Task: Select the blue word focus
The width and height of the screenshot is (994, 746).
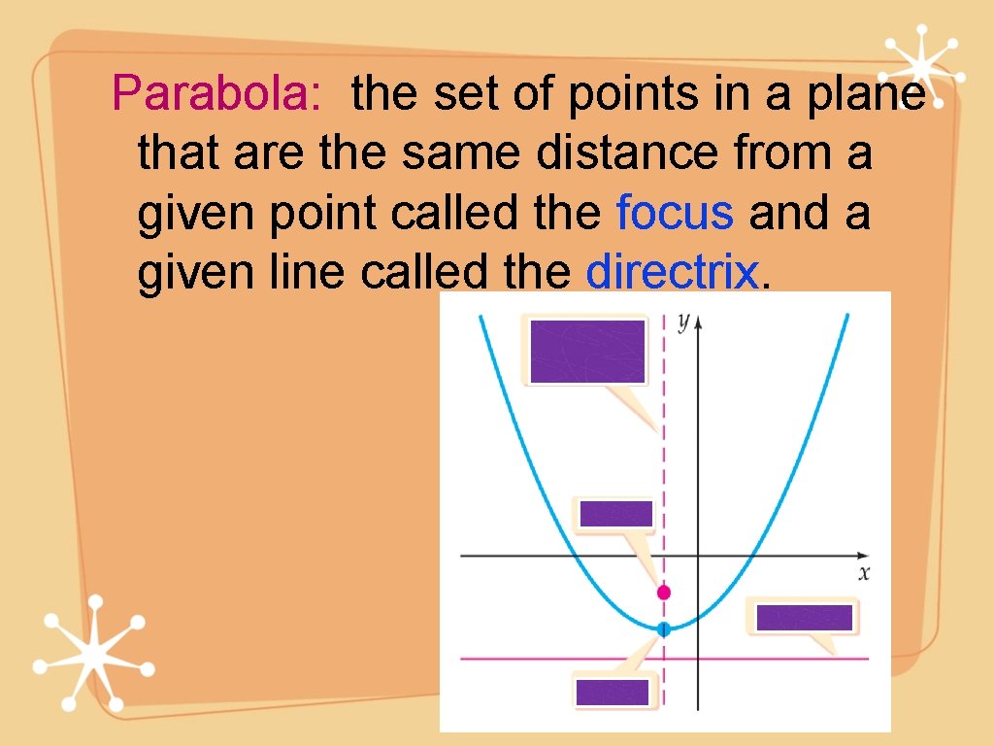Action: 675,214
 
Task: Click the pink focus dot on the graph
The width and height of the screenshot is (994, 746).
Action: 664,592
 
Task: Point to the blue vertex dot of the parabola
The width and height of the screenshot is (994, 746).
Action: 664,629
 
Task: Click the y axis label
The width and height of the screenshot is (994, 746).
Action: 683,322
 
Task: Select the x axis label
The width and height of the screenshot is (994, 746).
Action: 864,573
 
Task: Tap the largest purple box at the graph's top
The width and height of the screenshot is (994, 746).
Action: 588,351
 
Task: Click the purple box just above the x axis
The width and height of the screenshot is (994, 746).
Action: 615,514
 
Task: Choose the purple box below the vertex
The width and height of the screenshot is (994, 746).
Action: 612,692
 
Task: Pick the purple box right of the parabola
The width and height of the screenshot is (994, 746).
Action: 805,618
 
